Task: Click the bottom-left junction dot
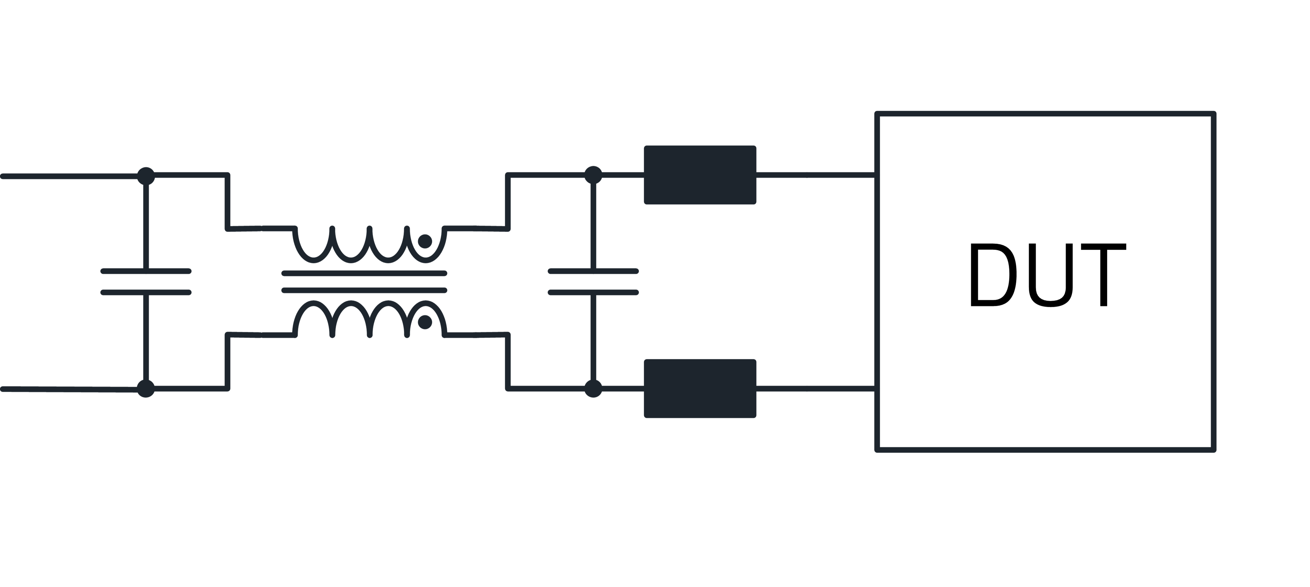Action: [146, 389]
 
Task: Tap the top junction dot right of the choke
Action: [593, 175]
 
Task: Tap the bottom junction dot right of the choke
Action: [593, 389]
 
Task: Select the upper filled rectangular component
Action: [700, 175]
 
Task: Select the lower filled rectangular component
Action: [700, 389]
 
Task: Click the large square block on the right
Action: [1045, 281]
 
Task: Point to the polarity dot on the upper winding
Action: [425, 241]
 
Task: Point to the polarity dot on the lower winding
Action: [425, 322]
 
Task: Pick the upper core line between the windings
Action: [364, 273]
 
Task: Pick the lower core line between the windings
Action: [364, 290]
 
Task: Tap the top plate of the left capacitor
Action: [146, 272]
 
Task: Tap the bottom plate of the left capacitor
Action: [146, 292]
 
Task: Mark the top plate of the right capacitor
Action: [593, 272]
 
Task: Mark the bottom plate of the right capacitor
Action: [593, 292]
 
